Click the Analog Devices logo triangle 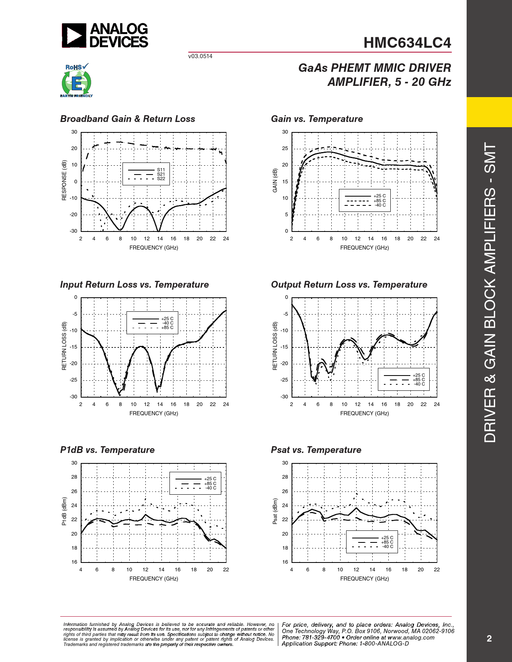[x=74, y=35]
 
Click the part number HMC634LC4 [x=407, y=43]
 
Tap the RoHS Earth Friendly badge [x=76, y=81]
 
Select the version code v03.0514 [x=200, y=56]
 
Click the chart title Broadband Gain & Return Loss [x=128, y=119]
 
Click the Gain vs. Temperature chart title [x=317, y=119]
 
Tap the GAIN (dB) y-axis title [x=275, y=181]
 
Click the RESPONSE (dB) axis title [x=64, y=181]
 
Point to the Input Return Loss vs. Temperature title [x=135, y=284]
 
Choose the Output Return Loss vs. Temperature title [x=349, y=284]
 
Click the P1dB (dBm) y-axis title [x=64, y=512]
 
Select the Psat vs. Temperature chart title [x=316, y=450]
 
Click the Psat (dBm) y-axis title [x=275, y=512]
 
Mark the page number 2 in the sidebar [x=489, y=638]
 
